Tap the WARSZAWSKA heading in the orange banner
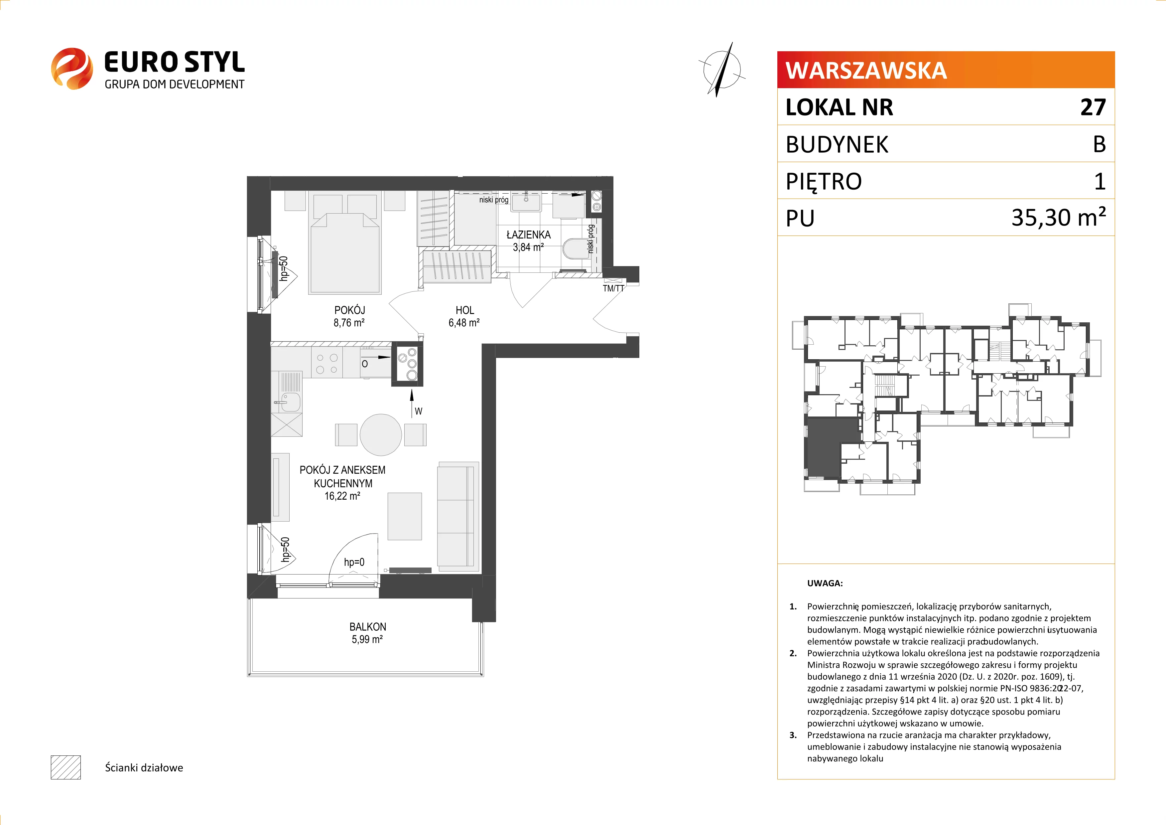[x=866, y=70]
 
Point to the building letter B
[x=1100, y=144]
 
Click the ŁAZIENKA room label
[x=528, y=235]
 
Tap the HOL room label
[x=465, y=310]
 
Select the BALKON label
[x=368, y=627]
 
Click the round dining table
[x=381, y=435]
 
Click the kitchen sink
[x=291, y=402]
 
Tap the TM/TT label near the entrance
[x=613, y=288]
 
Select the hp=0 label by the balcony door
[x=354, y=562]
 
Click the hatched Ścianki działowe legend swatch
[x=65, y=767]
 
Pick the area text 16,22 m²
[x=342, y=496]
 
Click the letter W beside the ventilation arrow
[x=419, y=411]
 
